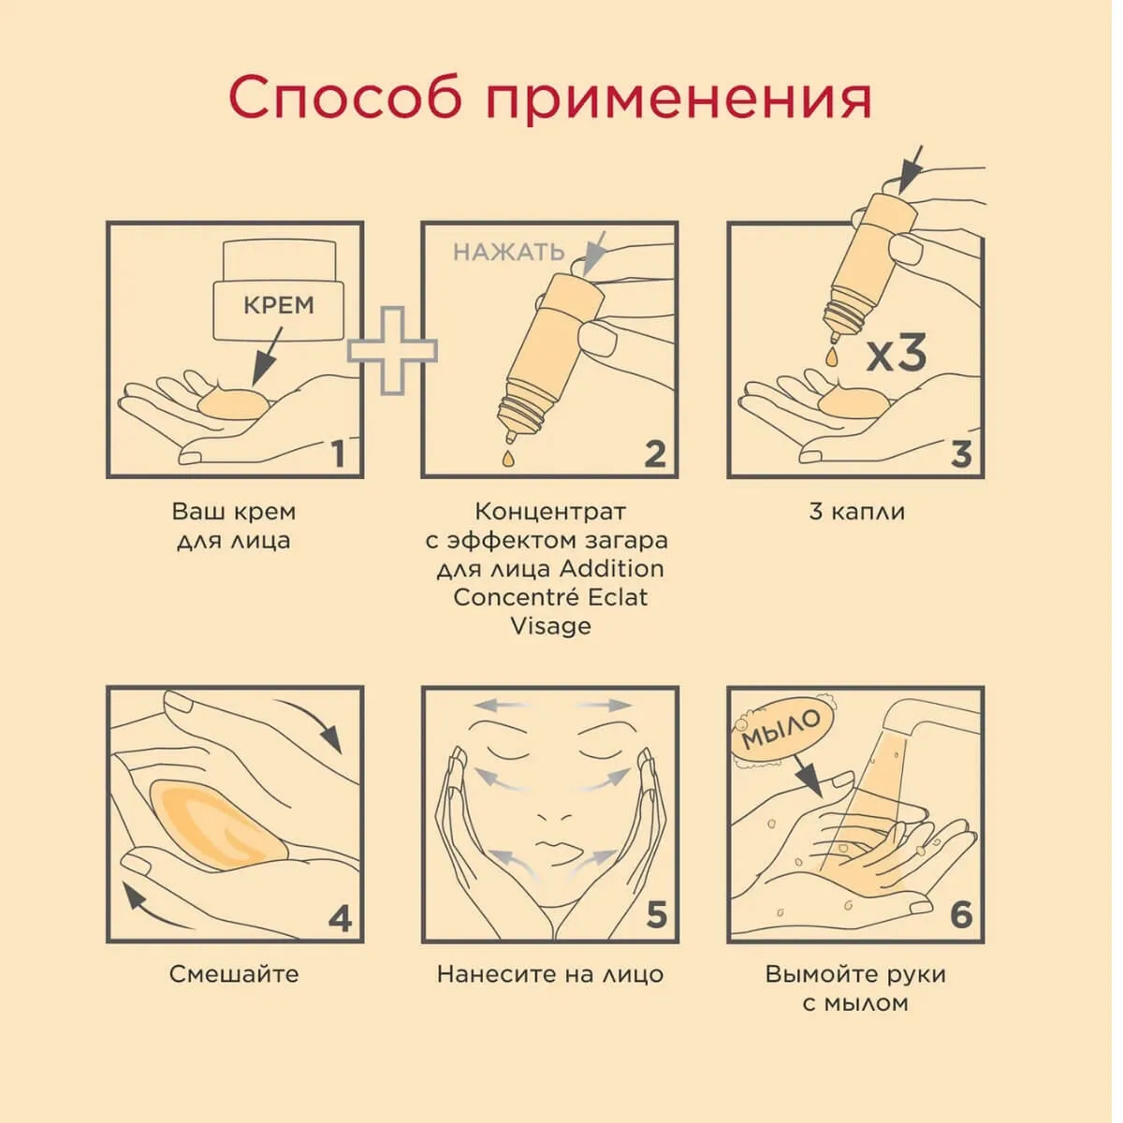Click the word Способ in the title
pyautogui.click(x=346, y=95)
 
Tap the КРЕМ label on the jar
pyautogui.click(x=279, y=305)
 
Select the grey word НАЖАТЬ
pyautogui.click(x=509, y=252)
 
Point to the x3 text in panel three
pyautogui.click(x=897, y=355)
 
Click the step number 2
pyautogui.click(x=655, y=454)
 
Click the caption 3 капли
pyautogui.click(x=856, y=512)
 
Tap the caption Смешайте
pyautogui.click(x=234, y=974)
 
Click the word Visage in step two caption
pyautogui.click(x=550, y=627)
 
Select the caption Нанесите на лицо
pyautogui.click(x=550, y=974)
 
